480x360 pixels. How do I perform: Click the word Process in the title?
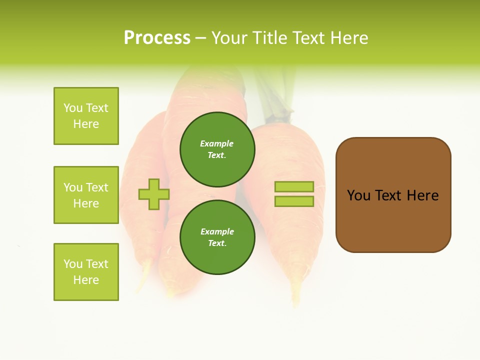[157, 38]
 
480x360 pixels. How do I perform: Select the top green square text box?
[86, 116]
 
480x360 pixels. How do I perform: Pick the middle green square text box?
[86, 195]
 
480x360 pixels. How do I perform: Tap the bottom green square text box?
[86, 271]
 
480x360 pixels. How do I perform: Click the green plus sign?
[154, 194]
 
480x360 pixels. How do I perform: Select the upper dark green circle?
[217, 149]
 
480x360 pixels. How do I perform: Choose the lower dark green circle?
[217, 237]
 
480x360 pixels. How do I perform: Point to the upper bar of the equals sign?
[294, 186]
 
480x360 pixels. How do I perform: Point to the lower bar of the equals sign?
[294, 201]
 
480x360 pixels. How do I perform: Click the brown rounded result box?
[393, 220]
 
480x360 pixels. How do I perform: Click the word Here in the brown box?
[422, 195]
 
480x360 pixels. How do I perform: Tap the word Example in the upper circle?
[217, 143]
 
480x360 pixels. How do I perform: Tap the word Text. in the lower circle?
[217, 243]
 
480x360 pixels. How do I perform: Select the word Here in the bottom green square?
[86, 280]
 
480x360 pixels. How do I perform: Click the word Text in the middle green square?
[97, 187]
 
